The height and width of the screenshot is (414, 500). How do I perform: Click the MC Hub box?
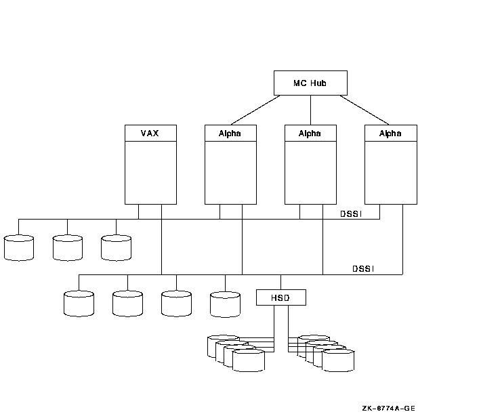310,83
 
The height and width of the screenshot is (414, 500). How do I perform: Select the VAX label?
150,133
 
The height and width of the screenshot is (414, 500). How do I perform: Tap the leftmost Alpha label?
230,133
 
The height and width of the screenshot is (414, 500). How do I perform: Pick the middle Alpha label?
310,133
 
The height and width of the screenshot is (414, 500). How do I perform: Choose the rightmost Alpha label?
390,133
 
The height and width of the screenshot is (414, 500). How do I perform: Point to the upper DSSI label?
353,213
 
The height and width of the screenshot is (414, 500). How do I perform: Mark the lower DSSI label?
364,268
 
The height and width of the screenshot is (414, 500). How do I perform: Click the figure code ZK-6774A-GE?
388,408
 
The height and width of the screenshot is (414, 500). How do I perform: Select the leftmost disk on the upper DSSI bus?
19,248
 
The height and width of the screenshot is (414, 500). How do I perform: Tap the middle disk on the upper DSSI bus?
68,248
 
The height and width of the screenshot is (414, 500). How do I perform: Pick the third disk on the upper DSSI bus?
116,248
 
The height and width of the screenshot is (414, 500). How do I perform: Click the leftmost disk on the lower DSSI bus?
79,304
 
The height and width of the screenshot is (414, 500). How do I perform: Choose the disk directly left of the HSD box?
225,304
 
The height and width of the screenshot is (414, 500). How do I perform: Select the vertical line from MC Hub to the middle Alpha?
310,110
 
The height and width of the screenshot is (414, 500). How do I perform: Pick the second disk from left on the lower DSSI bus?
127,304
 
